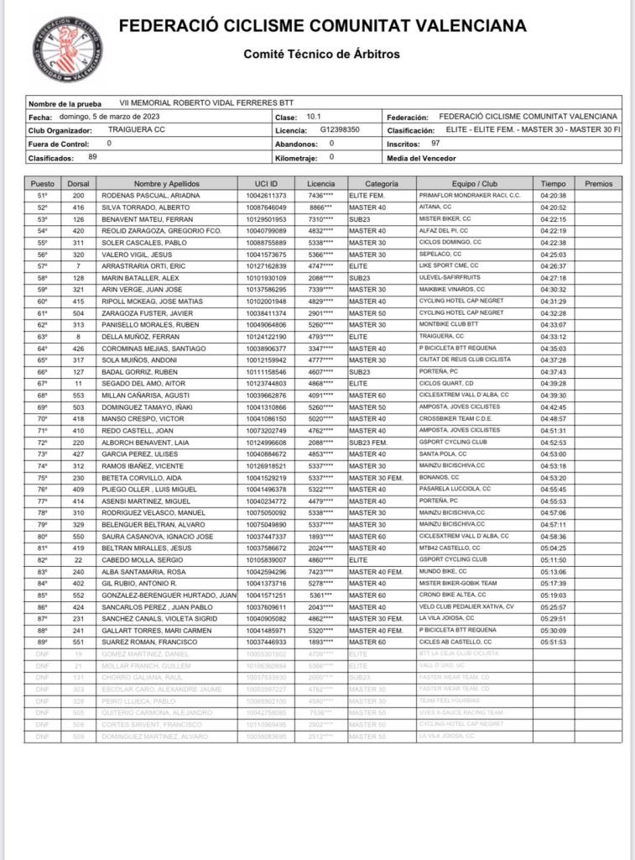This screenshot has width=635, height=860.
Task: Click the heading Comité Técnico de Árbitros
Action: [321, 55]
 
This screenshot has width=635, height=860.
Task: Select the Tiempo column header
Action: [553, 183]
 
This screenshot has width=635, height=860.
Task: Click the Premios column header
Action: [598, 183]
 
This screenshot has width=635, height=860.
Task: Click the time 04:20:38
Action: [554, 195]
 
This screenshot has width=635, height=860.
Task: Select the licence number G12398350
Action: [340, 130]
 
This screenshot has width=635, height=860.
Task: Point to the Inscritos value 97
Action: [435, 144]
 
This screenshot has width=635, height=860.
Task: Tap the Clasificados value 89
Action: [92, 157]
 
